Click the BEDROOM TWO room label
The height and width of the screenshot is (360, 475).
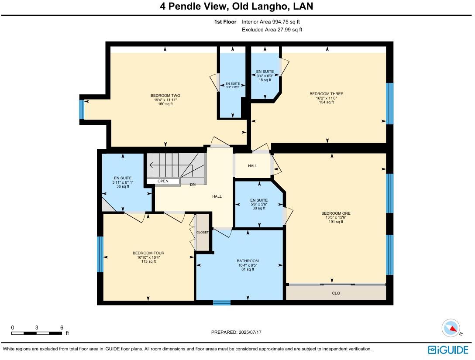(165, 96)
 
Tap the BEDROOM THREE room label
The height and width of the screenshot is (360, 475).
(326, 94)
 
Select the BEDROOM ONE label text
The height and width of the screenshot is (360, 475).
(336, 213)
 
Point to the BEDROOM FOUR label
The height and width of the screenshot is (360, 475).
(148, 253)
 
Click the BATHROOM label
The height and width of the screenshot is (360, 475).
(248, 261)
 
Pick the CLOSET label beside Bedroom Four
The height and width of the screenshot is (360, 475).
(203, 233)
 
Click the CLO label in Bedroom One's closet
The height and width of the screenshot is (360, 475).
(336, 293)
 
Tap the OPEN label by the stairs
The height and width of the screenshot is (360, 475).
(163, 181)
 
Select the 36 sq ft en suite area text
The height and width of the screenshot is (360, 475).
(123, 186)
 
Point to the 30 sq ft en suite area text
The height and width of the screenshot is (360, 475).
(258, 208)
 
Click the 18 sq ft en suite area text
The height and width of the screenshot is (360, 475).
(265, 80)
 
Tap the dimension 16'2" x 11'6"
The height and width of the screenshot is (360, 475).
(326, 98)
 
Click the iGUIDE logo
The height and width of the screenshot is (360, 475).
(448, 350)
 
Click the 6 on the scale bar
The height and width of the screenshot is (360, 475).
(62, 327)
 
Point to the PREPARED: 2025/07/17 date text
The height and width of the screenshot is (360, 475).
(236, 332)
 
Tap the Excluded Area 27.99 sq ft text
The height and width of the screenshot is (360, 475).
(272, 30)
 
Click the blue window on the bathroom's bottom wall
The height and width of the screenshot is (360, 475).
(221, 302)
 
